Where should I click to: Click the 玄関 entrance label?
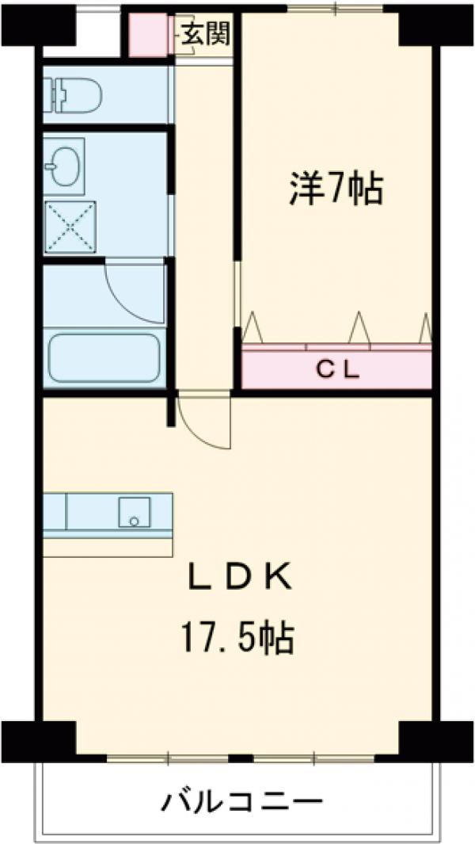click(x=204, y=36)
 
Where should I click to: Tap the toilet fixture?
click(x=75, y=94)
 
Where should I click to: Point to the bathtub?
click(x=104, y=357)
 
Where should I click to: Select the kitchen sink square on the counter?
click(x=134, y=512)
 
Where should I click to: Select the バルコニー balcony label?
click(x=242, y=802)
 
